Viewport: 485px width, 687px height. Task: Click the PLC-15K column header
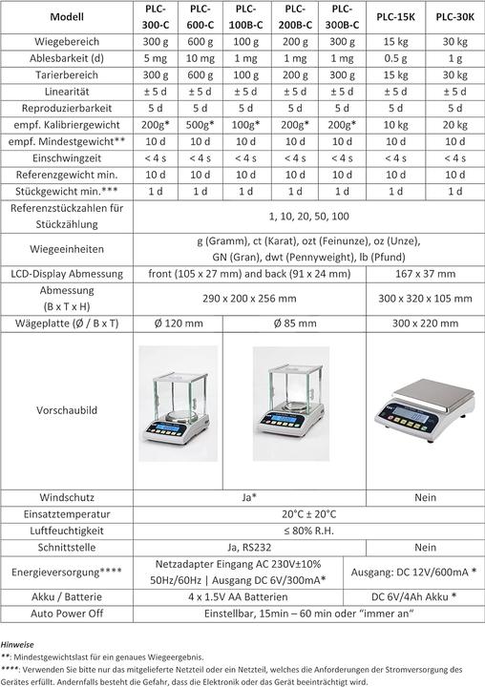[388, 16]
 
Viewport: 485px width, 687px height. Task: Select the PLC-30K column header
[450, 16]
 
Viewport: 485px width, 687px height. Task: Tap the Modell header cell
[64, 16]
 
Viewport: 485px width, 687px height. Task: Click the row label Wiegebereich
[64, 44]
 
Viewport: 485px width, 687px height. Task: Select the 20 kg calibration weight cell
[450, 126]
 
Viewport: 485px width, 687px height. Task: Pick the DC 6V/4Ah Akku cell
[418, 595]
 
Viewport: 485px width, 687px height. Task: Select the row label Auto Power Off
[64, 613]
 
